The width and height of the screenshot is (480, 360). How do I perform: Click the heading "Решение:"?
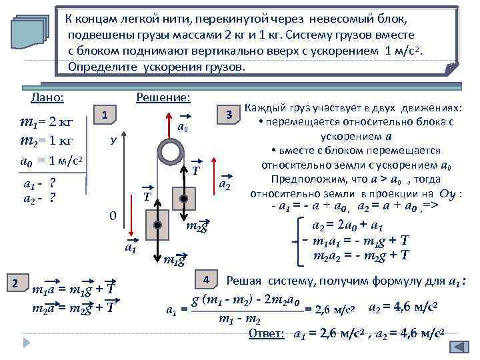coord(163,98)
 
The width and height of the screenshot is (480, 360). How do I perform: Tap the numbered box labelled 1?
coord(105,115)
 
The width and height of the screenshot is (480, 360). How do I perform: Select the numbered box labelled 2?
coord(19,282)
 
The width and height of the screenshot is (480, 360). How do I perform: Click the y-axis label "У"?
coord(114,141)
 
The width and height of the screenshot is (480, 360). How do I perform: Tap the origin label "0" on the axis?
coord(113,216)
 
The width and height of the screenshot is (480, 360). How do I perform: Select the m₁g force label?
coord(174,259)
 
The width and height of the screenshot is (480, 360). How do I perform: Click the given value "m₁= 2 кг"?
coord(47,123)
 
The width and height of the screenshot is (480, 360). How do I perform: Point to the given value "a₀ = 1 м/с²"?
coord(52,161)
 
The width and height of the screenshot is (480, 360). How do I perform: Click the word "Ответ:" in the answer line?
coord(267,333)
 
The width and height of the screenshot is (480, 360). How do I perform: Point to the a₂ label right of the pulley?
coord(225,185)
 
